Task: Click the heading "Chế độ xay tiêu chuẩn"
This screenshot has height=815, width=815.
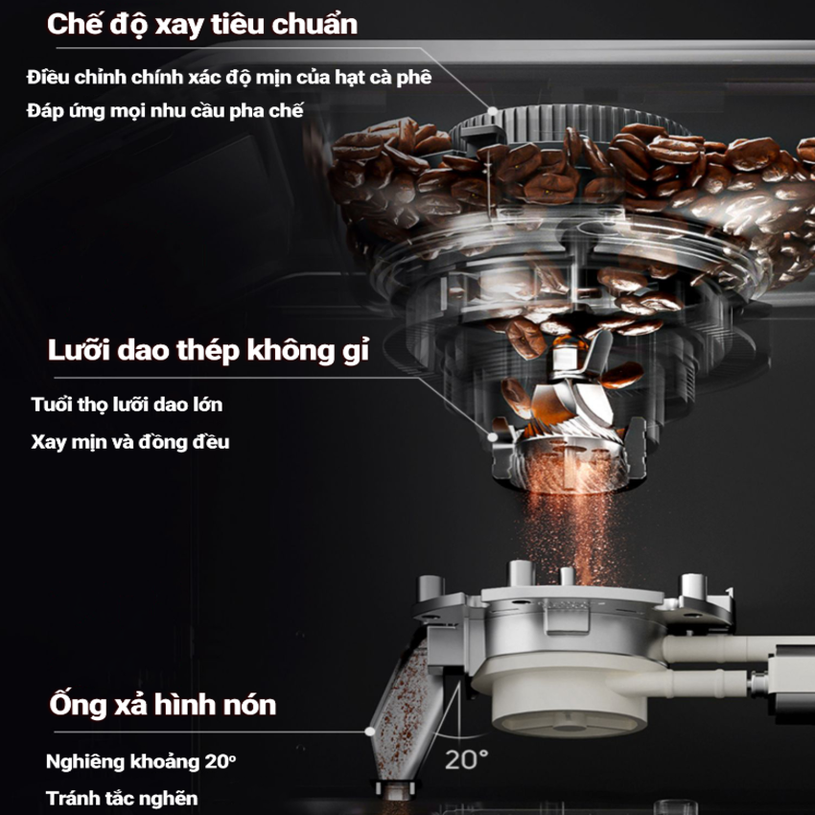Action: [x=202, y=25]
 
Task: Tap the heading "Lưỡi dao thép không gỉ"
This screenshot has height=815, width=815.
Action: [x=208, y=350]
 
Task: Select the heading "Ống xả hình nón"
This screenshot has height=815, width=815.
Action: [x=163, y=705]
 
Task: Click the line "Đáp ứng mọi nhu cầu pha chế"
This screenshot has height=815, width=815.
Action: [x=165, y=110]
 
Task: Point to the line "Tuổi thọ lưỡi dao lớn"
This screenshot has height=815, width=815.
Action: [x=127, y=405]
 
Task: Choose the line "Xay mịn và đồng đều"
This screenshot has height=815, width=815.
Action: [x=130, y=442]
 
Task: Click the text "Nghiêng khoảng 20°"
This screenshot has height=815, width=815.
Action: [x=141, y=761]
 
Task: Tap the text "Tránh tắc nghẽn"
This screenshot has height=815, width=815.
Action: [x=122, y=799]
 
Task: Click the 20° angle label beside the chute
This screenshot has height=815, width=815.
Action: [x=466, y=759]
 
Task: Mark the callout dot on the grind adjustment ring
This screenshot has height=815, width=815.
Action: [x=492, y=110]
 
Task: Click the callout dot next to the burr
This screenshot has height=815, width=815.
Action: [x=492, y=437]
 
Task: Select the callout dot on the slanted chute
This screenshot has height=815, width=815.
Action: [x=369, y=732]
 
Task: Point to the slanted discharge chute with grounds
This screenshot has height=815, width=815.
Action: [x=401, y=712]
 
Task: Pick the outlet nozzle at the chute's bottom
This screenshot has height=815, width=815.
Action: [x=396, y=790]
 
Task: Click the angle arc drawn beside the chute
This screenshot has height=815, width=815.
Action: [x=462, y=736]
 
